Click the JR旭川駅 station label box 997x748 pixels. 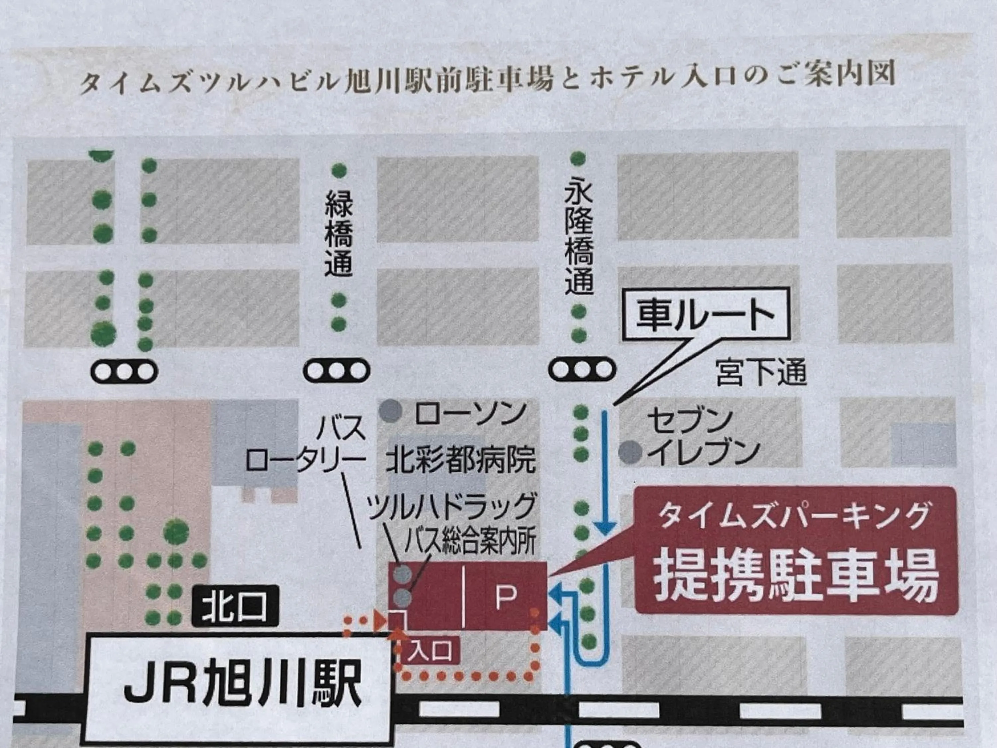(239, 690)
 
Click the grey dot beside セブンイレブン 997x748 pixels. (630, 451)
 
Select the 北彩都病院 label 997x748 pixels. (461, 459)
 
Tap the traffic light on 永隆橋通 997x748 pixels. (582, 370)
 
